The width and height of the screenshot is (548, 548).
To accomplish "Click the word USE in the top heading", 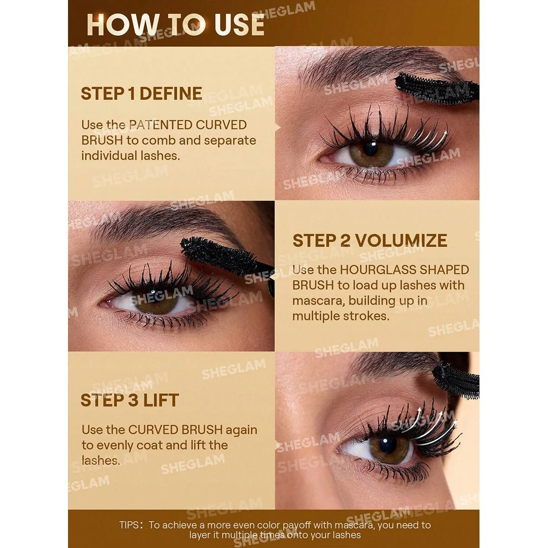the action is point(239,25).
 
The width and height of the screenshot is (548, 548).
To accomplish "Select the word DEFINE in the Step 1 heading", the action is point(170,94).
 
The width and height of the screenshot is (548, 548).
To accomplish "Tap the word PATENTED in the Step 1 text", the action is point(161,125).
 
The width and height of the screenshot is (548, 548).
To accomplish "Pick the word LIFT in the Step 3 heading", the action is point(161,400).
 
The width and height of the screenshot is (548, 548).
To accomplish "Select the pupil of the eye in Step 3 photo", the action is point(388,446).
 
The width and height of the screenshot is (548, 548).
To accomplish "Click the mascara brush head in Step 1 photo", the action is point(437,89).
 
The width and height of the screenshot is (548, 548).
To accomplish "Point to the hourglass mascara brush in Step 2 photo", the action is point(224,257).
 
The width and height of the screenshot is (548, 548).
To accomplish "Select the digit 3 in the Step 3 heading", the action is point(133,400).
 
